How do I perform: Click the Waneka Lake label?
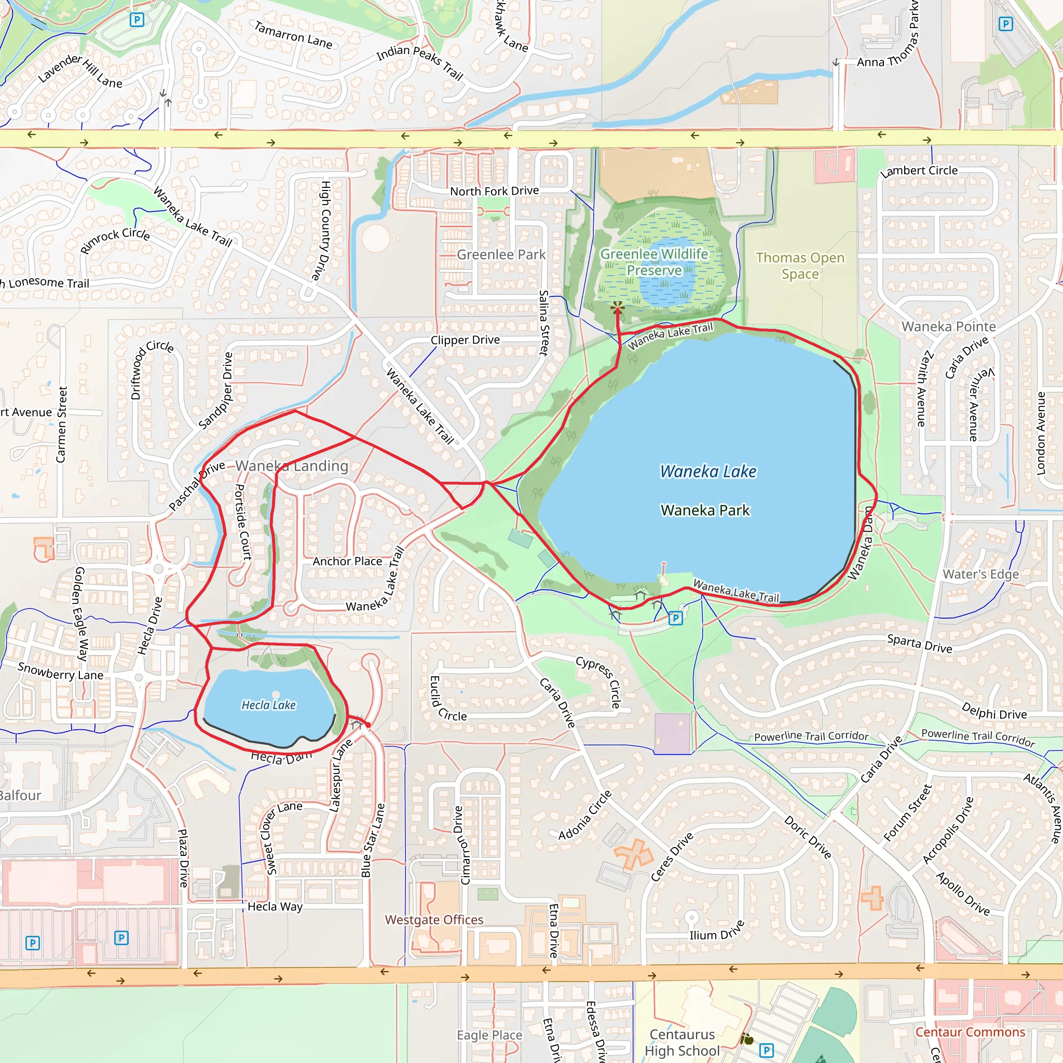[707, 471]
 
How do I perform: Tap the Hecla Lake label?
[268, 705]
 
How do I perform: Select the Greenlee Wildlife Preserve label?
[653, 262]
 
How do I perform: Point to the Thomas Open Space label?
[799, 265]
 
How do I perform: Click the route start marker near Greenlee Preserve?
[617, 308]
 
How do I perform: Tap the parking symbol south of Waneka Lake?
[675, 618]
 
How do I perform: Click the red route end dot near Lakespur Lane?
[368, 725]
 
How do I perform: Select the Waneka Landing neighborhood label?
[292, 466]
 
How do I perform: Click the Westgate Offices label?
[433, 919]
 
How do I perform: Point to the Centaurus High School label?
[682, 1042]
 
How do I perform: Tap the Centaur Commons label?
[970, 1032]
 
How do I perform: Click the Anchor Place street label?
[347, 561]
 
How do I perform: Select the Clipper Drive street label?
[465, 340]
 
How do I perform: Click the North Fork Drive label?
[494, 191]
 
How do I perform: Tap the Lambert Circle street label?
[918, 171]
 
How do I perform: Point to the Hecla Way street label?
[275, 906]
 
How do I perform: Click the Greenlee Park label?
[501, 254]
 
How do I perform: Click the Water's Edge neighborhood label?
[980, 574]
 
